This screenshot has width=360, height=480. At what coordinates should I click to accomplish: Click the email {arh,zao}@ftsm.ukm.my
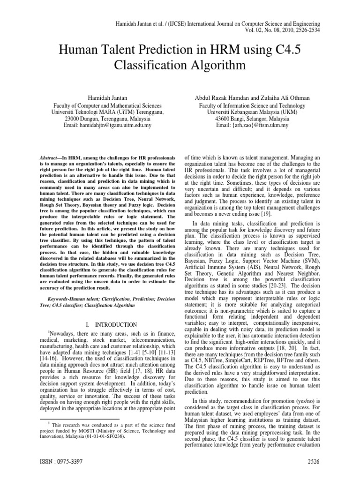[252, 126]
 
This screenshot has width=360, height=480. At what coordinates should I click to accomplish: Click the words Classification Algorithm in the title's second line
[180, 65]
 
